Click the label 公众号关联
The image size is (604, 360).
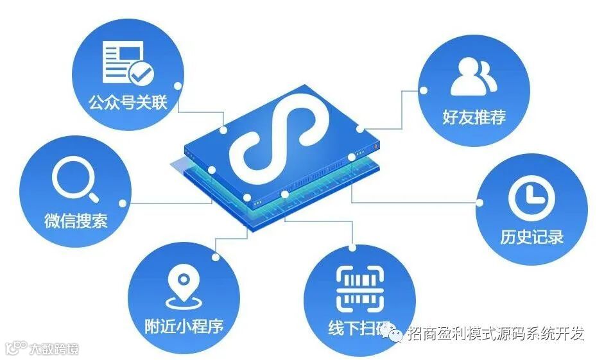click(x=129, y=102)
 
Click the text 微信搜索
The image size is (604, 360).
click(x=76, y=221)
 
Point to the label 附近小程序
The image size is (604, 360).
click(x=184, y=326)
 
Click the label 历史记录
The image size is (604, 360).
click(x=531, y=237)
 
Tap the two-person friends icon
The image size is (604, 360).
click(x=474, y=76)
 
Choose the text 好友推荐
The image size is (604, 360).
click(x=474, y=117)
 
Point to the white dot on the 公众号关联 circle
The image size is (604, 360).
click(x=183, y=84)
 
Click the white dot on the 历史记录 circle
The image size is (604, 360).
click(x=479, y=202)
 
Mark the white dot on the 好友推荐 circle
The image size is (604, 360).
click(x=422, y=90)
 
